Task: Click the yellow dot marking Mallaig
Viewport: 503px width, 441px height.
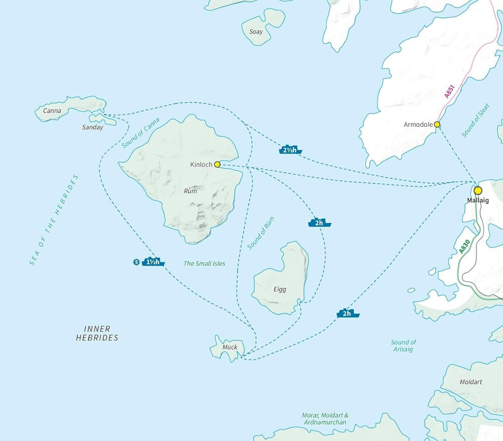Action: pos(477,190)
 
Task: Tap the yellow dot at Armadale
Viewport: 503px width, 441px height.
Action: pos(437,124)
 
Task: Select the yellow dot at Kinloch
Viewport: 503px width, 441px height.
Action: pos(217,164)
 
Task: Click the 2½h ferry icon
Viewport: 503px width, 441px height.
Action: pos(291,150)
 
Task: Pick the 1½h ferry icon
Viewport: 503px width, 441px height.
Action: pos(154,262)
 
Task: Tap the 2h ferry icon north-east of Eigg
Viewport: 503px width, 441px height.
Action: pos(319,223)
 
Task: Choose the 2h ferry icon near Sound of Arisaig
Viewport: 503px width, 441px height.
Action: pos(348,313)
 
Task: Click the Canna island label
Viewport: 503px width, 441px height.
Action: pos(52,111)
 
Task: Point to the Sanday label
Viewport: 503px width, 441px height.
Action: pos(92,127)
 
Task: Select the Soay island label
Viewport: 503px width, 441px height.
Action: pos(256,32)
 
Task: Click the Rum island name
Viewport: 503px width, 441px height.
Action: pos(190,191)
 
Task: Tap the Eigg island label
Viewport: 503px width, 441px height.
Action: pos(280,289)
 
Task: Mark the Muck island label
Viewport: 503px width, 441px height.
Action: pos(230,347)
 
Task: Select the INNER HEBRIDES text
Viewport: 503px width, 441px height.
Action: pos(97,333)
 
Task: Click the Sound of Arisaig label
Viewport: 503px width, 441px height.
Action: pos(403,346)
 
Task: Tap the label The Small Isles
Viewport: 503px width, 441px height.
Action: pos(204,264)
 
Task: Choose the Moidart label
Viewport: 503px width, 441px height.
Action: pos(470,382)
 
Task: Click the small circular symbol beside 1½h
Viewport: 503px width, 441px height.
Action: pos(136,262)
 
